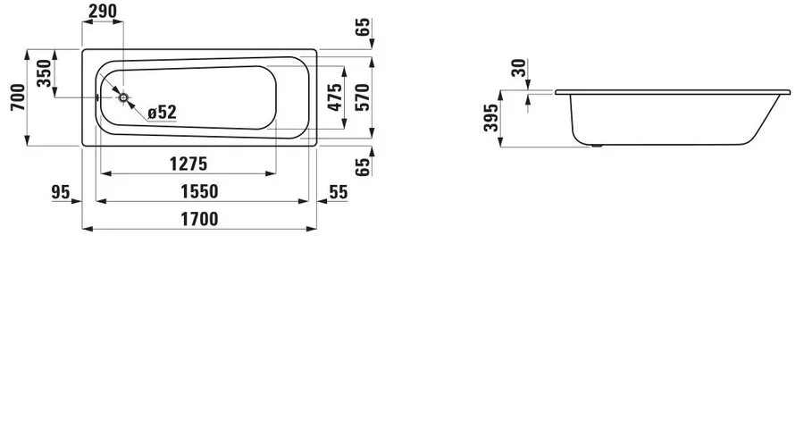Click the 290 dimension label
click(103, 11)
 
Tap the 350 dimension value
click(46, 73)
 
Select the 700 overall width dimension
click(18, 97)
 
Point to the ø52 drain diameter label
click(162, 113)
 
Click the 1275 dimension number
click(188, 164)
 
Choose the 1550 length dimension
click(199, 192)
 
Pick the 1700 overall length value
click(199, 220)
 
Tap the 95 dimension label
click(61, 192)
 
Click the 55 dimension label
click(339, 192)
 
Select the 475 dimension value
click(334, 97)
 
